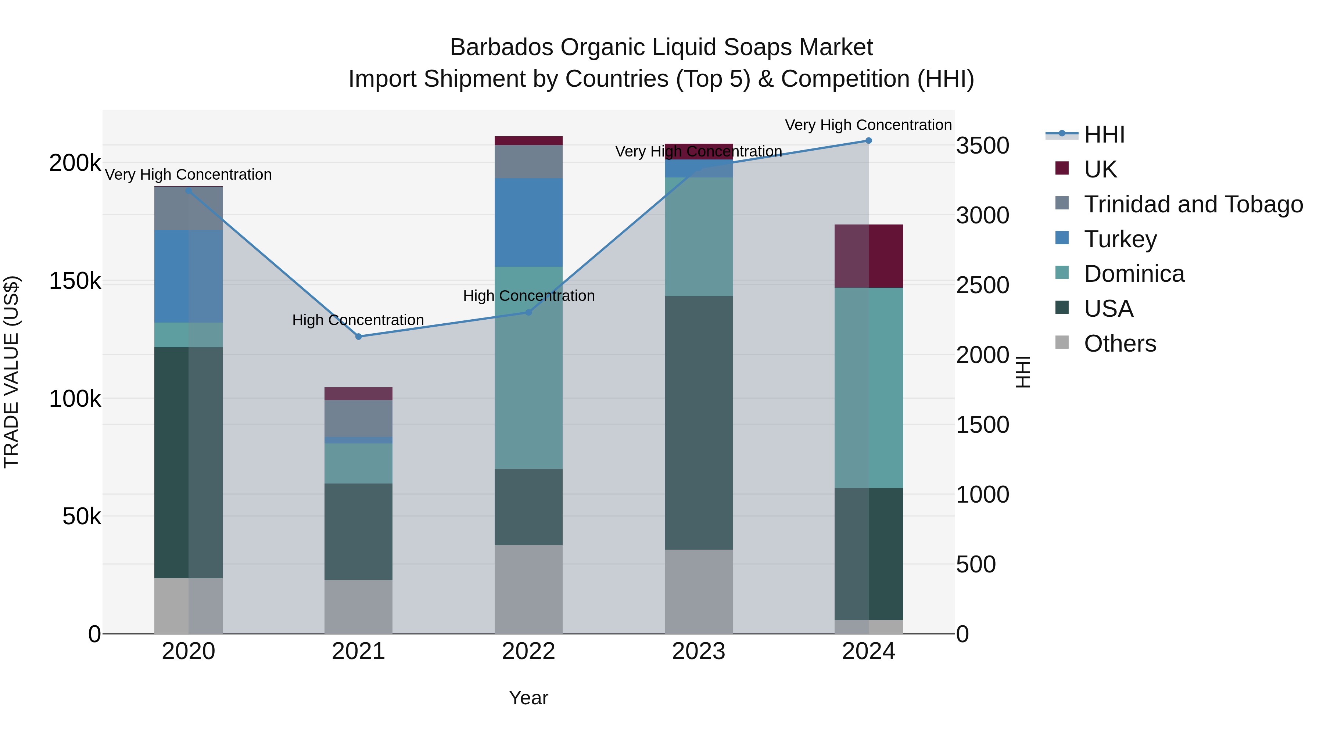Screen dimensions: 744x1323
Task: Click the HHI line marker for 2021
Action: [x=358, y=336]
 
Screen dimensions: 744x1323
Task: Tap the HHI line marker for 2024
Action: [x=868, y=141]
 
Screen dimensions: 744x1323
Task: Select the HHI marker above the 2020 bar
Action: [x=189, y=191]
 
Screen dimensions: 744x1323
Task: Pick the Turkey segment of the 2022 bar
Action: [x=528, y=222]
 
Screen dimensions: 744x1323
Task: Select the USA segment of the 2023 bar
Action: [x=699, y=423]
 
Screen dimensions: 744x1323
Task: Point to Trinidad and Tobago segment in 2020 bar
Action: [x=189, y=208]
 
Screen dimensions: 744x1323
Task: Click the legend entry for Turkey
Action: [x=1120, y=239]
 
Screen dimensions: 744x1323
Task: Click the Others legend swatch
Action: [x=1062, y=342]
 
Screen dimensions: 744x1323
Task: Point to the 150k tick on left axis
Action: [x=75, y=281]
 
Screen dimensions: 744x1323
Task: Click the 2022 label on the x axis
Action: [x=528, y=651]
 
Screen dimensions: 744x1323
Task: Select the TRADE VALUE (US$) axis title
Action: [x=12, y=372]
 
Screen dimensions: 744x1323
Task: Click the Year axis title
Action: [x=528, y=698]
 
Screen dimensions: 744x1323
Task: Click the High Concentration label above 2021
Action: [x=358, y=320]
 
